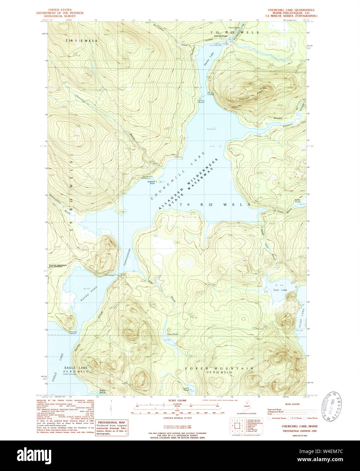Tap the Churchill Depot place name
pyautogui.click(x=220, y=36)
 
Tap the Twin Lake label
pyautogui.click(x=280, y=290)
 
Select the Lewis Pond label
pyautogui.click(x=186, y=390)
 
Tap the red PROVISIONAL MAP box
pyautogui.click(x=112, y=428)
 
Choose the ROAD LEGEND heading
pyautogui.click(x=293, y=404)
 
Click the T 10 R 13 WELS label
pyautogui.click(x=81, y=41)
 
